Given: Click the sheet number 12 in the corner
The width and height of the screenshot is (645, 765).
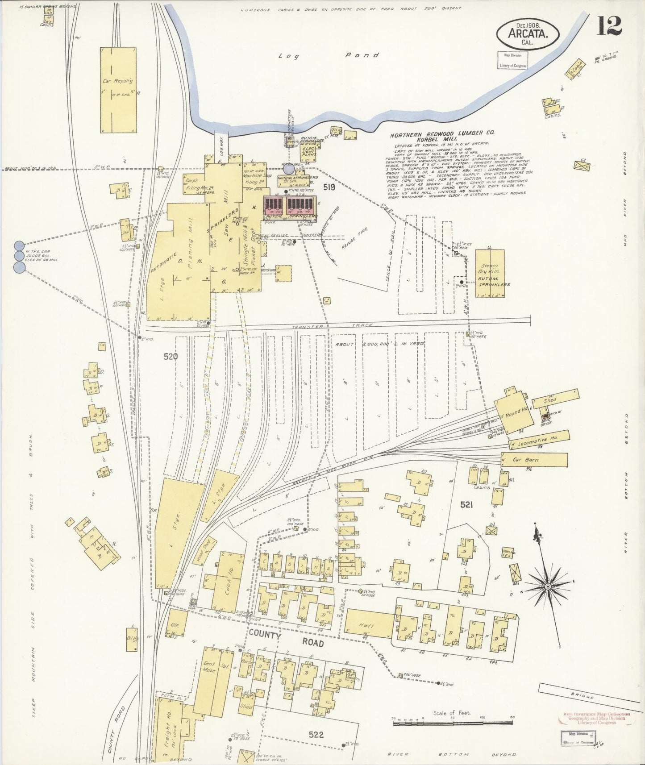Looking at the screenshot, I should point(608,25).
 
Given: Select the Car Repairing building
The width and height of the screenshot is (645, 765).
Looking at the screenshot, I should point(118,89).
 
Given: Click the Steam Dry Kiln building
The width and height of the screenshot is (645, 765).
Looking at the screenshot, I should point(490,274).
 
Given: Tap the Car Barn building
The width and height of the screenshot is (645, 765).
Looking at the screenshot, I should point(534,460).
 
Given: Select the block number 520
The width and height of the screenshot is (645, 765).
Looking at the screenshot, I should point(171,356).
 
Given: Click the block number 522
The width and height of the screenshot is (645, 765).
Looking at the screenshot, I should point(316,734).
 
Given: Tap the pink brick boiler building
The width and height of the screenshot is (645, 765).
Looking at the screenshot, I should point(290,207).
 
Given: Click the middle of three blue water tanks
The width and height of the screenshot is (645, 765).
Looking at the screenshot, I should point(19,256).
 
